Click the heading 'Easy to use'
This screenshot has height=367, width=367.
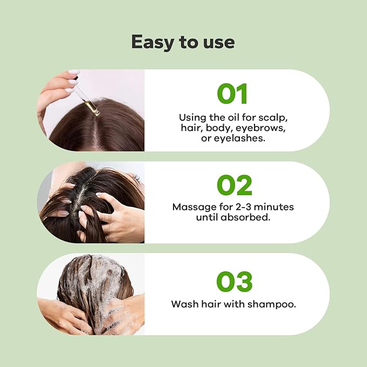click(x=183, y=42)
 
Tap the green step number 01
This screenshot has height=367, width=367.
click(x=232, y=94)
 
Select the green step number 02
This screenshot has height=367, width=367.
click(x=234, y=185)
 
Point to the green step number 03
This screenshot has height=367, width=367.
click(x=234, y=282)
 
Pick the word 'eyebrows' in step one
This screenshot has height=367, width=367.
click(x=262, y=128)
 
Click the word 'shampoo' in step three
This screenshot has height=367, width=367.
click(x=273, y=304)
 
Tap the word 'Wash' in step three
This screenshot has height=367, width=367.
click(x=183, y=304)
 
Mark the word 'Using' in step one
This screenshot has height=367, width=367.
click(x=192, y=117)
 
